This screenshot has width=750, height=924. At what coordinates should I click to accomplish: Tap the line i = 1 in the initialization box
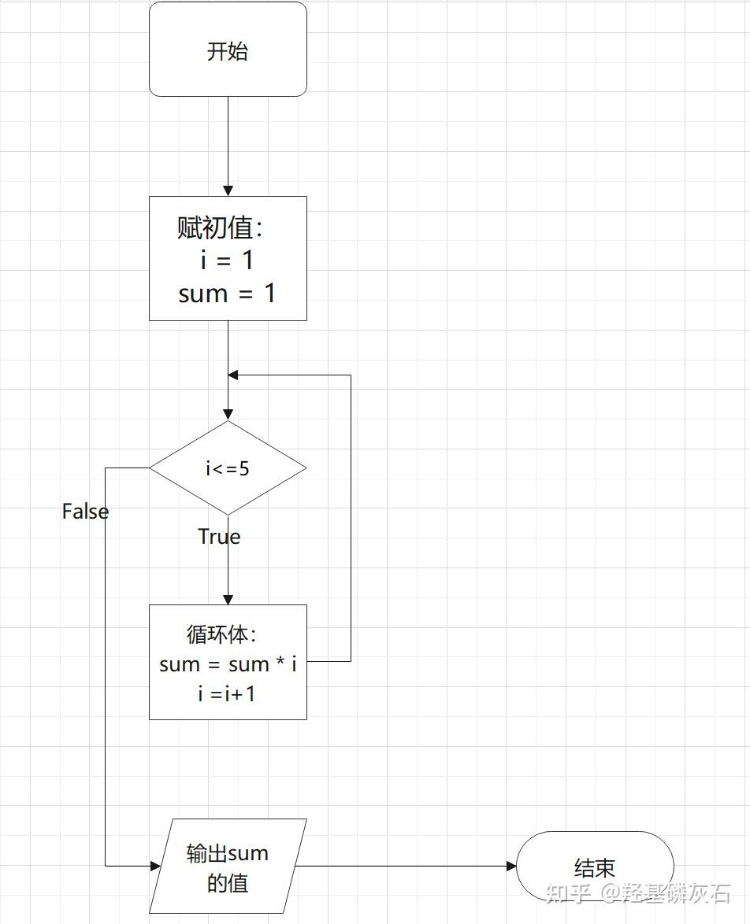click(x=227, y=261)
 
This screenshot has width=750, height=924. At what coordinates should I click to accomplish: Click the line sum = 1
click(x=227, y=294)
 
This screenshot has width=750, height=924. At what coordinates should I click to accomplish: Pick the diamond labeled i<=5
click(x=228, y=468)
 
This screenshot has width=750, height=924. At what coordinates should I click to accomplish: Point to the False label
click(x=85, y=512)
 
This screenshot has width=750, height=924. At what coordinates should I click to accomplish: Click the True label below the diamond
click(x=219, y=537)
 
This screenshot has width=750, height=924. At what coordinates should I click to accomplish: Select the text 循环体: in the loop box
click(x=221, y=634)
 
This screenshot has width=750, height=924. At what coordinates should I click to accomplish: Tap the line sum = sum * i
click(x=228, y=664)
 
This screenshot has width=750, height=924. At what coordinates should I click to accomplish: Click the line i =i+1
click(x=227, y=694)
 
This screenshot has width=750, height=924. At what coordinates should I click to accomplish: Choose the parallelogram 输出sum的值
click(x=228, y=867)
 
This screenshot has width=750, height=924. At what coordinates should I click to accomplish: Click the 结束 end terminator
click(x=595, y=868)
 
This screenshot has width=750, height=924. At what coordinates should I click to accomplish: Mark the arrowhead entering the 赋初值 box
click(x=228, y=190)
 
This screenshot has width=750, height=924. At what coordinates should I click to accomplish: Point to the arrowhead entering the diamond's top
click(x=228, y=415)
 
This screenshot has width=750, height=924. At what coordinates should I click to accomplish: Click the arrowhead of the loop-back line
click(x=233, y=375)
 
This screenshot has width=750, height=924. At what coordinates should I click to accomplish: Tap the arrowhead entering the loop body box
click(x=228, y=599)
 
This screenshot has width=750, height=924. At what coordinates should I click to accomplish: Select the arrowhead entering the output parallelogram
click(x=154, y=867)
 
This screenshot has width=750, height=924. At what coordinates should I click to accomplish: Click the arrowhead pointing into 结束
click(x=511, y=867)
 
